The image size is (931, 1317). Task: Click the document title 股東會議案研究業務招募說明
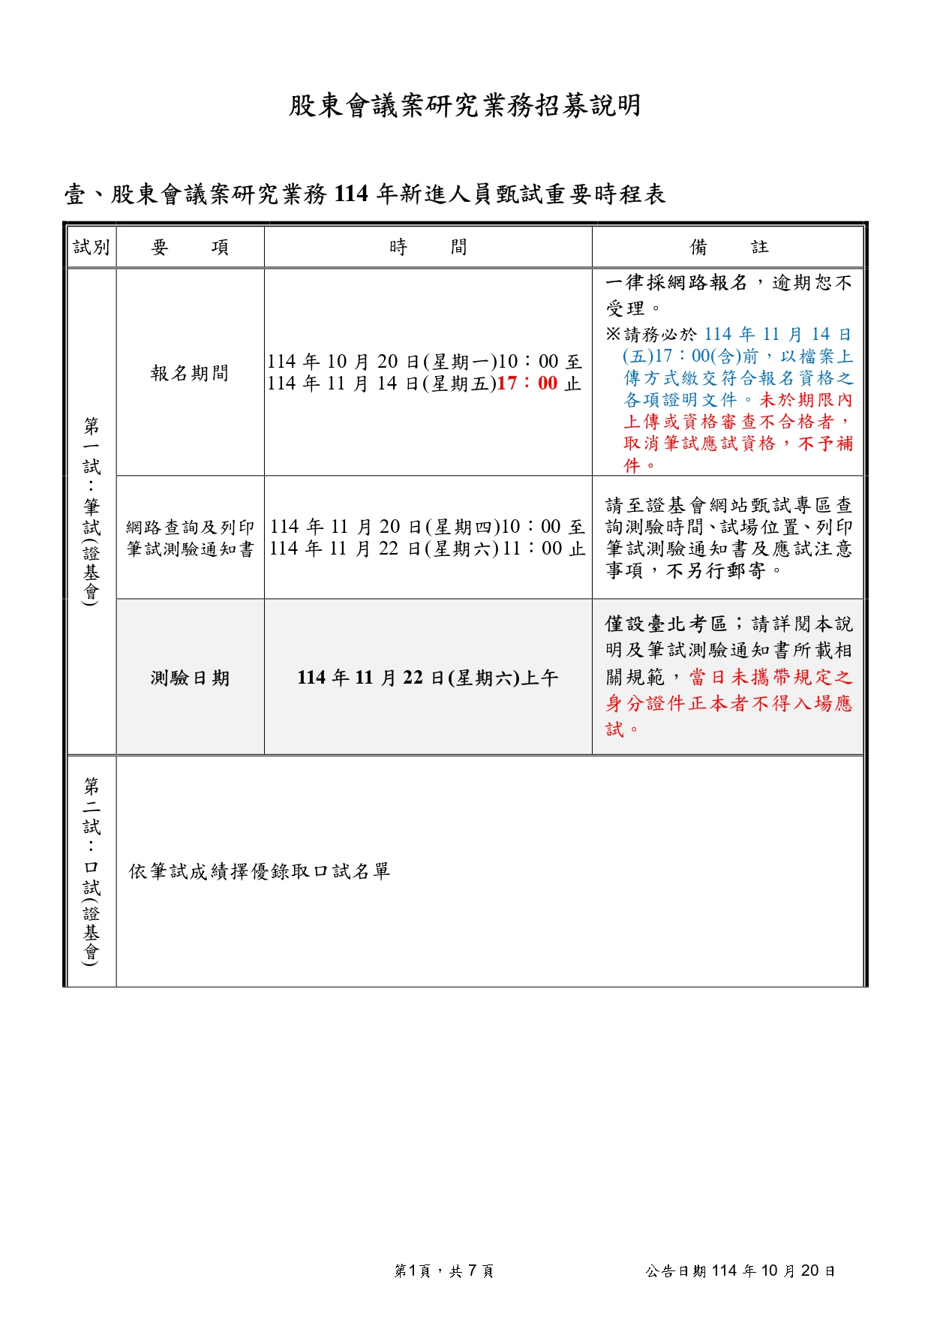[x=464, y=106]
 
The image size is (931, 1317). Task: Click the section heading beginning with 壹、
[x=365, y=194]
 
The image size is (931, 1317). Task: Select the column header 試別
[x=92, y=247]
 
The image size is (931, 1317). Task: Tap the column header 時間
[x=428, y=247]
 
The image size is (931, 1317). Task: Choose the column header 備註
[x=728, y=247]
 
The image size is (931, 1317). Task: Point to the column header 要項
[x=190, y=247]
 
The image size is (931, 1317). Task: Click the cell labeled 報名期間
[x=190, y=373]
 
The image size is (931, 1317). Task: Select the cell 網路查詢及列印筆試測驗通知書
[x=190, y=538]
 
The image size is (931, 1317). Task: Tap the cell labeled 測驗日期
[x=190, y=678]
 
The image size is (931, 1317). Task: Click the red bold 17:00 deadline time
[x=527, y=383]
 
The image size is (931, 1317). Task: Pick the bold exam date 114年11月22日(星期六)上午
[x=428, y=678]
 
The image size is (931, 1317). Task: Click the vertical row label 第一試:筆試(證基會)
[x=92, y=510]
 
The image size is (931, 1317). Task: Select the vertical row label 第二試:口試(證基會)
[x=92, y=870]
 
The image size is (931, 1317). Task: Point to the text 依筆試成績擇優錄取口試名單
[x=260, y=871]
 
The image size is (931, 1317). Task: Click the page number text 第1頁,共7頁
[x=443, y=1270]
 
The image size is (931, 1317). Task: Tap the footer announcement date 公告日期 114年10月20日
[x=740, y=1270]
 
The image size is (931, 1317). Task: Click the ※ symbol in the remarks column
[x=614, y=334]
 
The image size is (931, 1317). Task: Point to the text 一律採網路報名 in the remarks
[x=677, y=283]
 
